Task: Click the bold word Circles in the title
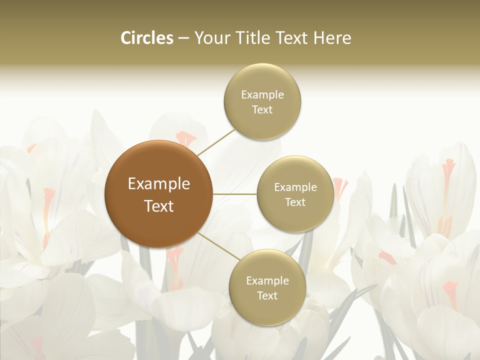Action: click(146, 38)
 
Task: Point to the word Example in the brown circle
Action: click(159, 184)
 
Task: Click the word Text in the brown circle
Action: click(159, 206)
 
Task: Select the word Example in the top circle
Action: click(262, 95)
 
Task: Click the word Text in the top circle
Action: click(262, 110)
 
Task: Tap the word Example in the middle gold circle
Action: click(295, 187)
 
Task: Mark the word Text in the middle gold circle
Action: click(295, 202)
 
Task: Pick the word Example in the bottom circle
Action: click(267, 281)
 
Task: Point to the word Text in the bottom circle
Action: click(267, 296)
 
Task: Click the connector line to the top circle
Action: click(216, 142)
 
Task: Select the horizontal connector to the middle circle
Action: click(235, 194)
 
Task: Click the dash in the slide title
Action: click(183, 38)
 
